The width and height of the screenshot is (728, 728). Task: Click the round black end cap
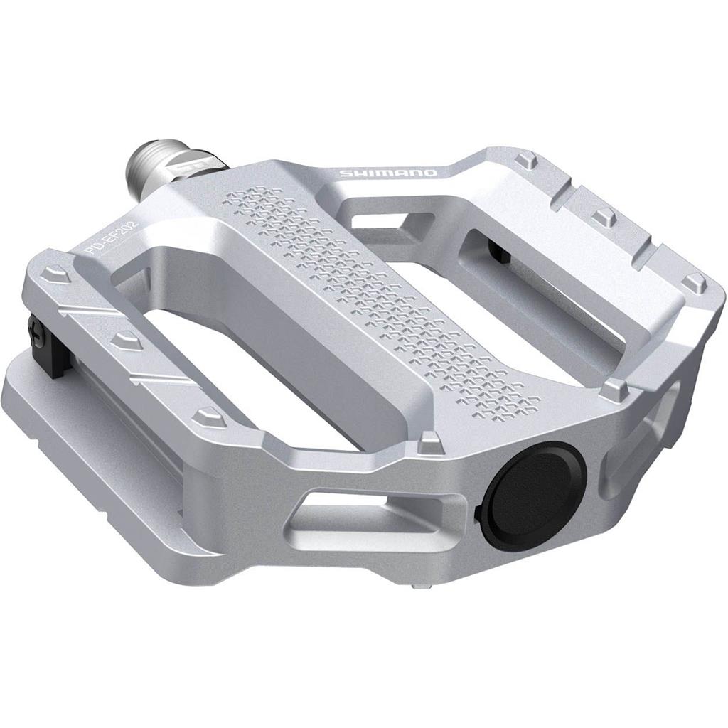(534, 495)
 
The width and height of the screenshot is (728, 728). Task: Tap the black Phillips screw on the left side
(33, 328)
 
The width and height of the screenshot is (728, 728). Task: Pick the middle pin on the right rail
(604, 217)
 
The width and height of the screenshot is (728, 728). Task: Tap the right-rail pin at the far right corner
(693, 282)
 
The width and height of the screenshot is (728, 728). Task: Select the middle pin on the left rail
(127, 340)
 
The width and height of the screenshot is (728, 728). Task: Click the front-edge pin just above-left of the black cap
(429, 443)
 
